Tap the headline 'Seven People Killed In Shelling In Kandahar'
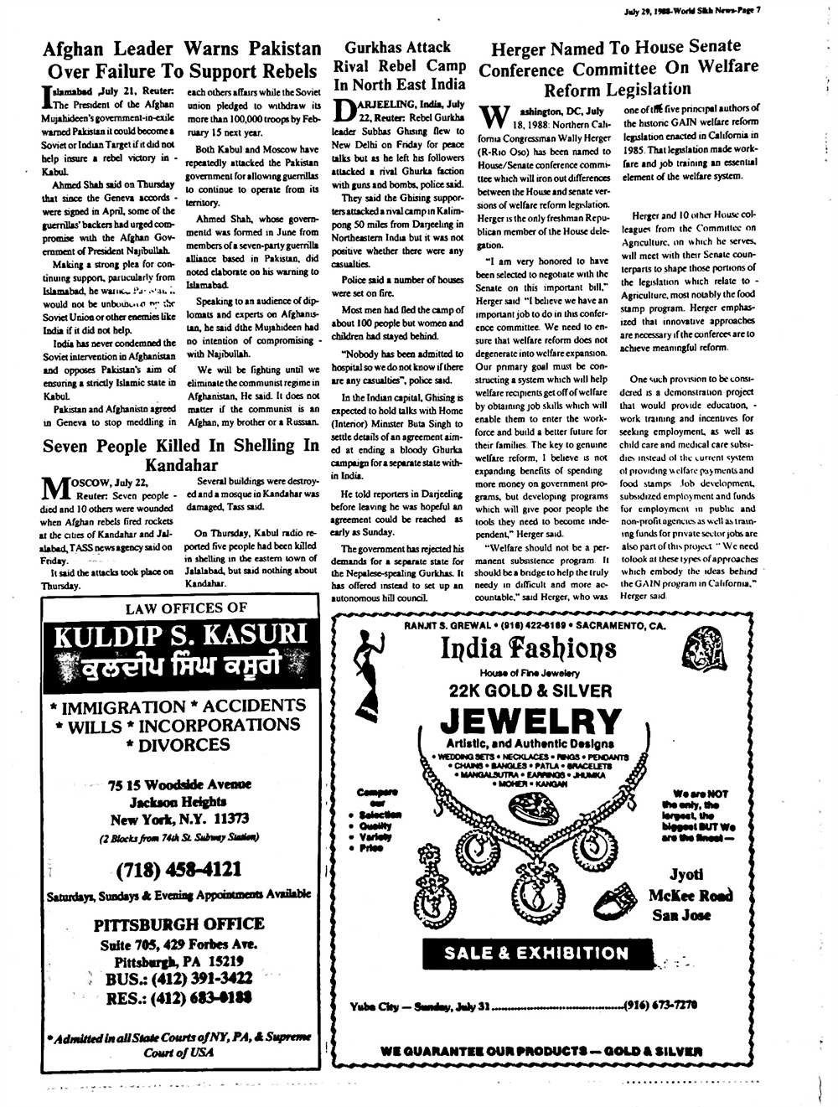pos(181,455)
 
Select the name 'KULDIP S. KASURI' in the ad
pos(181,635)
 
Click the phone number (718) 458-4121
pos(179,869)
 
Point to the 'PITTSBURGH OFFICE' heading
pos(178,924)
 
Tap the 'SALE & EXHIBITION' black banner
pos(536,953)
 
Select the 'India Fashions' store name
pos(528,648)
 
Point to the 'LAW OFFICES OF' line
pos(186,608)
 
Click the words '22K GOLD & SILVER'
pos(530,691)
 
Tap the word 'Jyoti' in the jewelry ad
pos(686,874)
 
